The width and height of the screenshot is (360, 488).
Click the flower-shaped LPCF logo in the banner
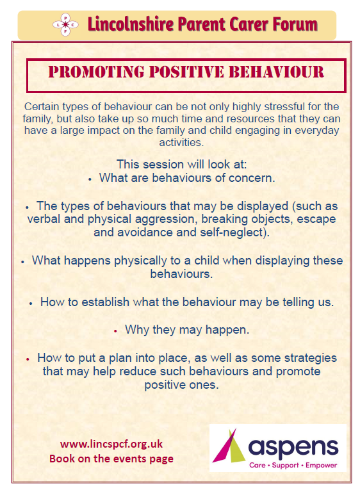coord(65,24)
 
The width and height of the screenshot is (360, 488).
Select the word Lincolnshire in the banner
coord(131,24)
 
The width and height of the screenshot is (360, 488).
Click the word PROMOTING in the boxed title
coord(96,72)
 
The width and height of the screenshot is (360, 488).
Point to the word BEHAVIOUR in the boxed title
coord(276,72)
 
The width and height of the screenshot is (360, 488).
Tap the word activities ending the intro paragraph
coord(181,143)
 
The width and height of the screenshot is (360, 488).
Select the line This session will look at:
coord(181,165)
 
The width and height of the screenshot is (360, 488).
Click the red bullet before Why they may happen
coord(115,332)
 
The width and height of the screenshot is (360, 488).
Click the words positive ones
coord(181,386)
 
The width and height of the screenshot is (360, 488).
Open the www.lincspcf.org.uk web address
coord(111,444)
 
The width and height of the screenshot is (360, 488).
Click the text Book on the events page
coord(111,459)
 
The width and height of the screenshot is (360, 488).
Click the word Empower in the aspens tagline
coord(321,466)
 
